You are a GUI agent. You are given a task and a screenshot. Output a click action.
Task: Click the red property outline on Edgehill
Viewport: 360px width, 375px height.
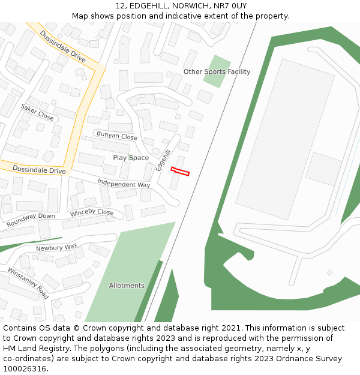(x=180, y=172)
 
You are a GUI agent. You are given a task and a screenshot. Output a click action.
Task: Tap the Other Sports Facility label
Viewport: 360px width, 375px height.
(x=217, y=72)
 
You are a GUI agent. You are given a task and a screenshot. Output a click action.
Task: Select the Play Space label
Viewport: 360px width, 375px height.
(x=131, y=158)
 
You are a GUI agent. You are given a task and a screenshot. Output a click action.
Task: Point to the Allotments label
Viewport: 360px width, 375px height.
(x=127, y=286)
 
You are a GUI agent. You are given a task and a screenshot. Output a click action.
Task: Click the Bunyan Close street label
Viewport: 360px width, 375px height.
(x=117, y=136)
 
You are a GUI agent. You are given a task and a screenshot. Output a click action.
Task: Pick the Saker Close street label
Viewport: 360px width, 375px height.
(x=37, y=112)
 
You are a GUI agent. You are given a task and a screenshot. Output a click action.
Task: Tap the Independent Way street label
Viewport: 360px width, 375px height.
(x=124, y=184)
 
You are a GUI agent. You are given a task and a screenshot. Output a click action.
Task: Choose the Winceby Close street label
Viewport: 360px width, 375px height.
(x=92, y=213)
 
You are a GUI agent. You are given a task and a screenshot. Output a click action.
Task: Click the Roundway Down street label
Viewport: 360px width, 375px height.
(x=31, y=220)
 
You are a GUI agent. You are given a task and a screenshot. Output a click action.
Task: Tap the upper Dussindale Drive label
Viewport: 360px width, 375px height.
(x=63, y=46)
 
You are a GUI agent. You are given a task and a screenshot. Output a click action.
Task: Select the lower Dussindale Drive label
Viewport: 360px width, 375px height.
(x=39, y=170)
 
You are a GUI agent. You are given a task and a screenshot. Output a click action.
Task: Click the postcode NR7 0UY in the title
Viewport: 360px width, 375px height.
(x=232, y=5)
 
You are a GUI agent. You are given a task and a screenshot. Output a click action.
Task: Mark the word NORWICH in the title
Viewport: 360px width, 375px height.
(x=184, y=5)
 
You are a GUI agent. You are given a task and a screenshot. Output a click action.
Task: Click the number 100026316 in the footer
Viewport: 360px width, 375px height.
(x=25, y=369)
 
